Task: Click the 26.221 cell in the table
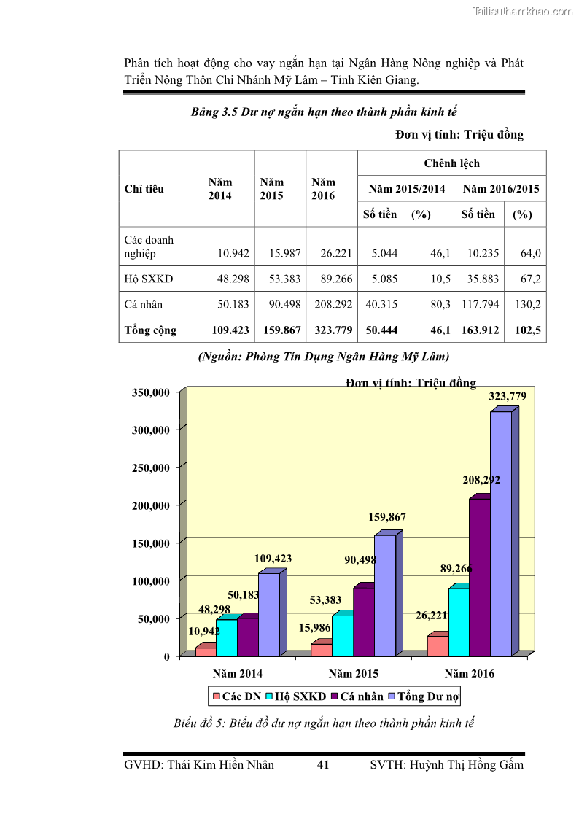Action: coord(336,254)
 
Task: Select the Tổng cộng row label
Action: coord(150,330)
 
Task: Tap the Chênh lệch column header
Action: coord(451,163)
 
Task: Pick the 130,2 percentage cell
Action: coord(527,305)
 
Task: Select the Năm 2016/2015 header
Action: coord(501,189)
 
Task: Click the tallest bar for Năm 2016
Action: coord(501,532)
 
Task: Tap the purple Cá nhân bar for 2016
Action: coord(479,576)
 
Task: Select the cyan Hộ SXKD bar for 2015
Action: coord(342,634)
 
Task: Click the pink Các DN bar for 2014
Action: coord(206,651)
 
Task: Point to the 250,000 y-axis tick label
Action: coord(151,467)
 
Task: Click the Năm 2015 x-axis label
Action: coord(354,674)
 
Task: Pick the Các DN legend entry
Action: coord(236,696)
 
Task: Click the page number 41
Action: coord(324,765)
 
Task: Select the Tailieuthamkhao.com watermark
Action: coord(523,11)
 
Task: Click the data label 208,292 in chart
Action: coord(481,481)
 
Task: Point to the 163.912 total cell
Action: coord(480,330)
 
